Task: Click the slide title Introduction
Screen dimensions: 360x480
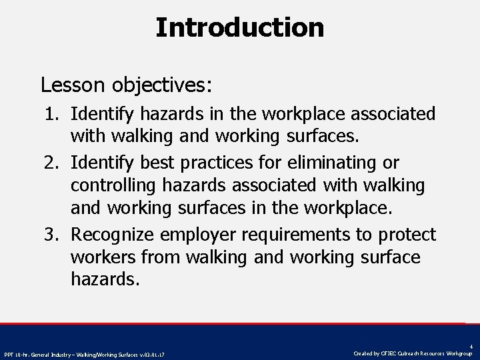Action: click(240, 27)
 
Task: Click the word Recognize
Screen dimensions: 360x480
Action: click(119, 235)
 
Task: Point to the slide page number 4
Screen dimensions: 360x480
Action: click(471, 346)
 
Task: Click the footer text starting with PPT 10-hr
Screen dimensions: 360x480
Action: click(84, 354)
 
